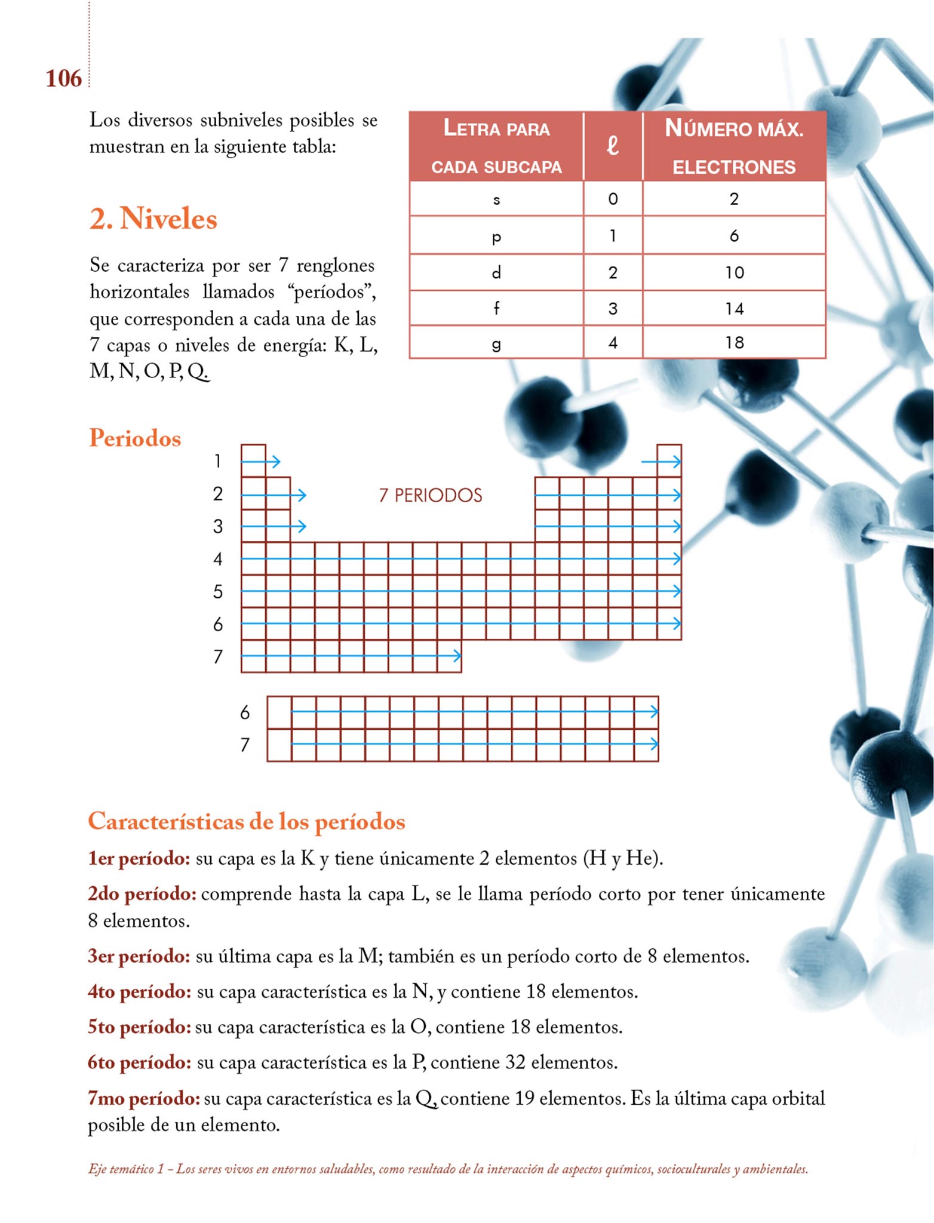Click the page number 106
pos(63,78)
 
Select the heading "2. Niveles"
pos(153,219)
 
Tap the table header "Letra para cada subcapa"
pos(496,146)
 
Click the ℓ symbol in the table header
pos(613,145)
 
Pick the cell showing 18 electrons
pos(734,343)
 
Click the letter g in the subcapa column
pos(496,344)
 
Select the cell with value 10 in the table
pos(734,273)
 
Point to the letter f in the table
pos(496,308)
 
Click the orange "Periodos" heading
pos(135,438)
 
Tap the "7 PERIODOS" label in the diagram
pos(431,495)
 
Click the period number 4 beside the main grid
pos(218,559)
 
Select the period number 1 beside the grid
pos(218,461)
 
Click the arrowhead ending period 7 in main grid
pos(457,656)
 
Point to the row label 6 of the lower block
pos(245,712)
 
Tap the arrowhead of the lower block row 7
pos(655,744)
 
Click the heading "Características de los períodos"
pos(247,822)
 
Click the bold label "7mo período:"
pos(144,1098)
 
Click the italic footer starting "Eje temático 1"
pos(448,1169)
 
